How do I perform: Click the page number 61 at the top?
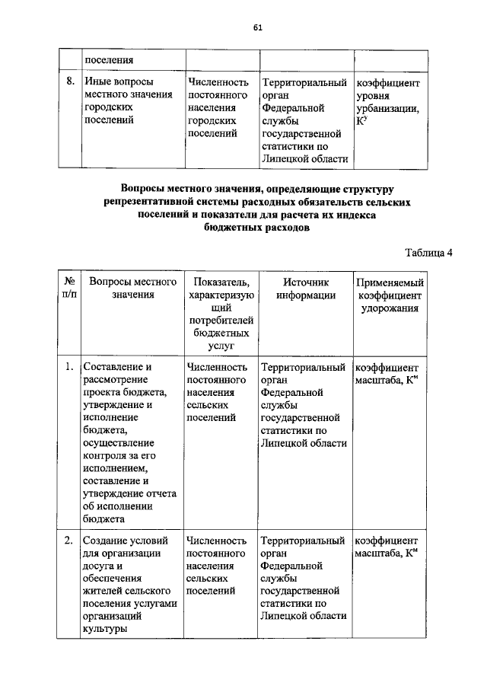coord(257,28)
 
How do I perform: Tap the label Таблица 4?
coord(428,254)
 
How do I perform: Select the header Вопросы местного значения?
coord(132,289)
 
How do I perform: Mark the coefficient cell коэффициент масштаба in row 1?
coord(387,373)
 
